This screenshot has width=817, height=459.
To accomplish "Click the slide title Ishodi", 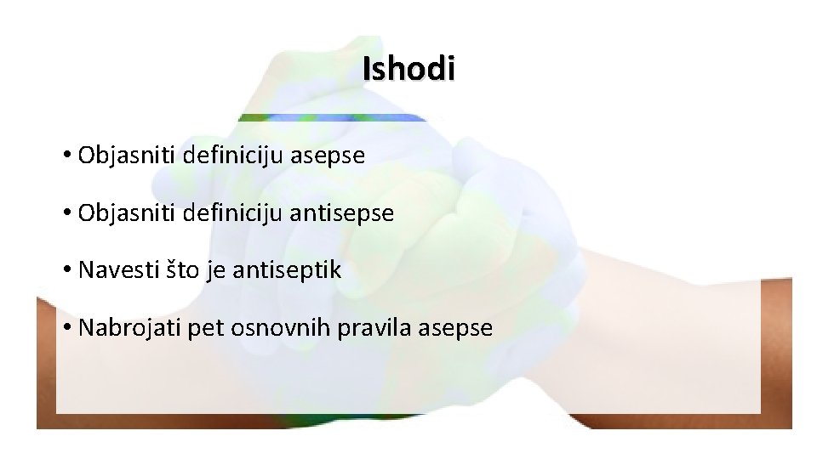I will point(408,69).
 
